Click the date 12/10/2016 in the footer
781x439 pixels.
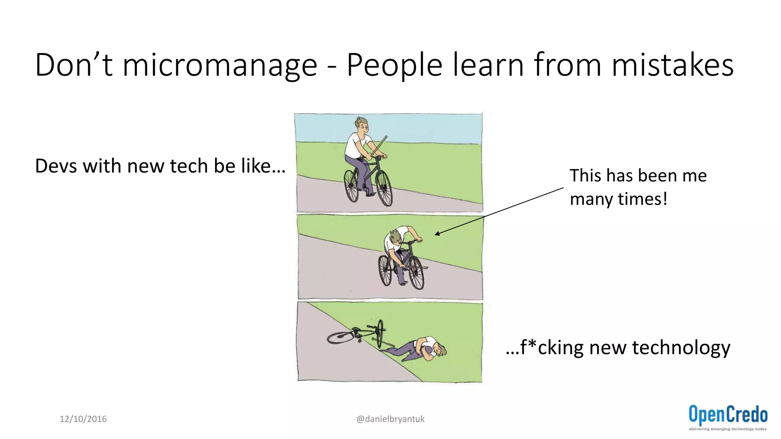83,419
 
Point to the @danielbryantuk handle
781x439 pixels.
390,419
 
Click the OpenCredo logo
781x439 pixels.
728,417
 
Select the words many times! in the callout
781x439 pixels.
619,199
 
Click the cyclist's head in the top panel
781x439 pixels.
362,125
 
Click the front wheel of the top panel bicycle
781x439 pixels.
384,188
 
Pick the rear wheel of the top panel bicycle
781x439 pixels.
351,186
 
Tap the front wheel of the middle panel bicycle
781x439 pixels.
416,272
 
